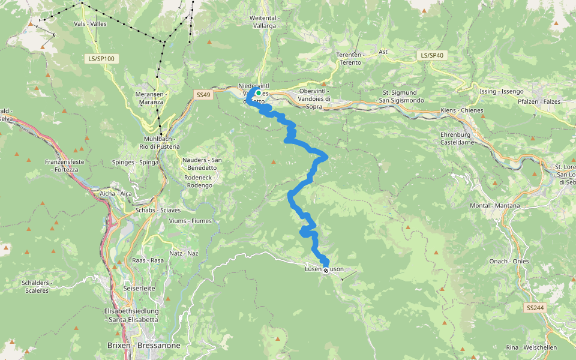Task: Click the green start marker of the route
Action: pos(258,93)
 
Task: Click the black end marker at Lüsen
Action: pos(326,271)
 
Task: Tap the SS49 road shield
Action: pos(204,95)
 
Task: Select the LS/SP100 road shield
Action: pos(100,59)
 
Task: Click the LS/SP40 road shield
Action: pos(432,55)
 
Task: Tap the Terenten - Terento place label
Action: pos(349,58)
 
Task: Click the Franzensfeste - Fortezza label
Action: pos(62,166)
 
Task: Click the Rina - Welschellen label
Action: pos(531,347)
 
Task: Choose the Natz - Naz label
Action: pos(184,254)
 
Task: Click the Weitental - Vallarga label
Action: pos(263,22)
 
